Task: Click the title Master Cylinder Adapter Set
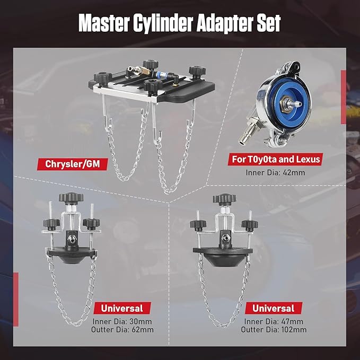click(180, 23)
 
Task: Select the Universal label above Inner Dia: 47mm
click(273, 308)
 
